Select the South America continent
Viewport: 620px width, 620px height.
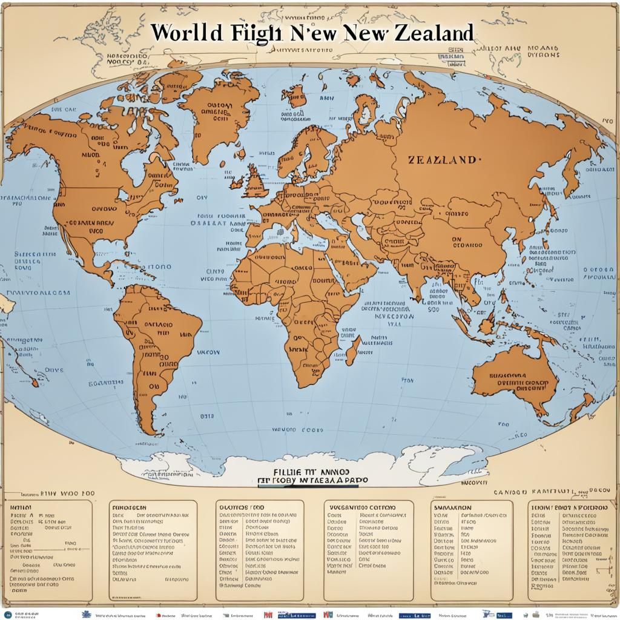154,345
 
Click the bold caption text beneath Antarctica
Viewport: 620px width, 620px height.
311,474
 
